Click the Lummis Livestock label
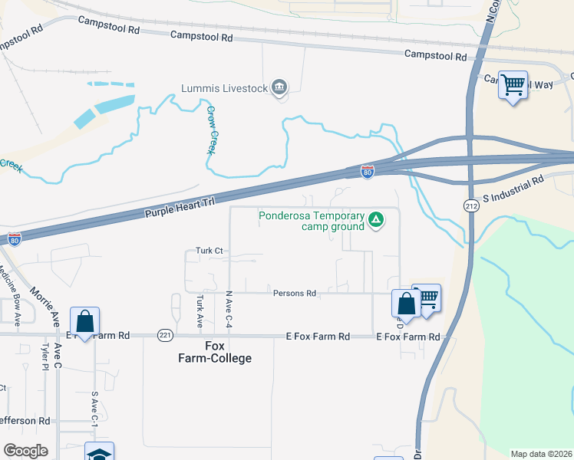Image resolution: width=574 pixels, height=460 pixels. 224,88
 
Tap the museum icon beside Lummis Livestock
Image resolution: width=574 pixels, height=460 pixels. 280,88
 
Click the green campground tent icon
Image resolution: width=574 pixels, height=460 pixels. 376,221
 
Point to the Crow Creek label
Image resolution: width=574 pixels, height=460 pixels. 211,130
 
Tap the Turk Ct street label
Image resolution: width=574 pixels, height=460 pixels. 209,251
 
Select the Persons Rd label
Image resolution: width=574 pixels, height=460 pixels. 295,293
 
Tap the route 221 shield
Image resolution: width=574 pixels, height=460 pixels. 164,336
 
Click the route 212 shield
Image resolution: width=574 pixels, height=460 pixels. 471,205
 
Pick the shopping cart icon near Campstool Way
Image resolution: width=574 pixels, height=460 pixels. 513,84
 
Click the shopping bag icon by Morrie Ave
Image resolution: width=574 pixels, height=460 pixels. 84,321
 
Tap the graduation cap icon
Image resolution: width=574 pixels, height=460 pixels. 99,453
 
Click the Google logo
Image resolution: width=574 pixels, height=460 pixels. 25,451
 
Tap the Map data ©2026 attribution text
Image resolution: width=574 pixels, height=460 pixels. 540,454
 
